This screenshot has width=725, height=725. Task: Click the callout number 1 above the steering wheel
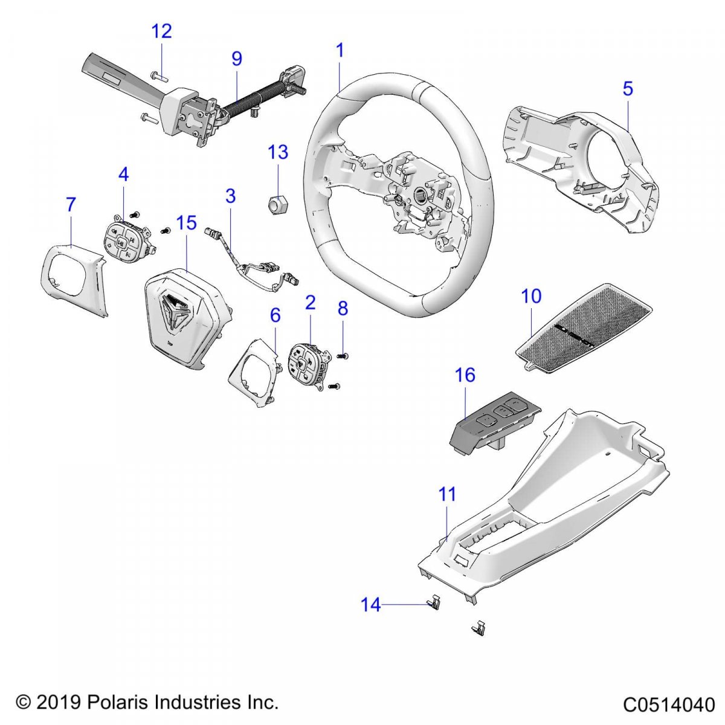[x=340, y=51]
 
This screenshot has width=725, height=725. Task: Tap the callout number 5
[x=628, y=89]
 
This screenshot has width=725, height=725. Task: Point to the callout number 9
[x=237, y=59]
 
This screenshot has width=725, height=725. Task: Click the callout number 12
[x=161, y=31]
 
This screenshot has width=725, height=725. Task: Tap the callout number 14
[x=371, y=604]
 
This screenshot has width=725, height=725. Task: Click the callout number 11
[x=447, y=494]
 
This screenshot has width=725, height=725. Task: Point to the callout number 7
[x=71, y=205]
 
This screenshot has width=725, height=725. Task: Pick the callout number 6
[x=275, y=315]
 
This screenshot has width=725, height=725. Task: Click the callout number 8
[x=343, y=309]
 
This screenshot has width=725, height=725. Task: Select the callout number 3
[x=230, y=196]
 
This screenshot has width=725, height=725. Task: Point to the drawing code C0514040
[x=669, y=705]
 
